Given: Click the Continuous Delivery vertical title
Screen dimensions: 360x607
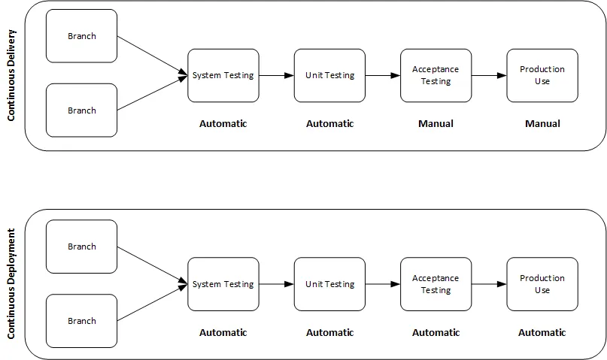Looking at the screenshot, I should (x=11, y=75).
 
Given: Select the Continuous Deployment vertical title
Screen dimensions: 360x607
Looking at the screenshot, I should (x=11, y=284).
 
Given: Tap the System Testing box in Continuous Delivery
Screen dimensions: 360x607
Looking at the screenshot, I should (x=223, y=75).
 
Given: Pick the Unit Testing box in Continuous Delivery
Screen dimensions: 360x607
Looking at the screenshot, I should (x=329, y=75).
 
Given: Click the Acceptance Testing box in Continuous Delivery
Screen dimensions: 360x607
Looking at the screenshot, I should (x=436, y=75).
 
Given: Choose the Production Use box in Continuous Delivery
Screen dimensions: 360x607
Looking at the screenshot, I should (x=542, y=75).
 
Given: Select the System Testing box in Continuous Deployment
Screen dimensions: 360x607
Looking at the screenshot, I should (x=223, y=284).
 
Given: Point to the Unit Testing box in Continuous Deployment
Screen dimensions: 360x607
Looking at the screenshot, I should (x=329, y=284).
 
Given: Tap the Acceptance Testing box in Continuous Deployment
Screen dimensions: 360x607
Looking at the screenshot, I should (x=436, y=284).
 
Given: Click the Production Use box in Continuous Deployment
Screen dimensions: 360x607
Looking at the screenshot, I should (x=542, y=284).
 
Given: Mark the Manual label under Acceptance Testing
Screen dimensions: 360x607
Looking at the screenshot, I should (x=436, y=123).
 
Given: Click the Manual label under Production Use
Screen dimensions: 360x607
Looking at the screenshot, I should (x=542, y=123).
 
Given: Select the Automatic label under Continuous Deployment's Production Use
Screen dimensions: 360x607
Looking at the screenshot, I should (x=542, y=332).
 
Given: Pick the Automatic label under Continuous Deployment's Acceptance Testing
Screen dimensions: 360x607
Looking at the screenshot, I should (x=436, y=332).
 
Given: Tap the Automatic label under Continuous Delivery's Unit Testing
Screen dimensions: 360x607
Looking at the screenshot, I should (x=329, y=123).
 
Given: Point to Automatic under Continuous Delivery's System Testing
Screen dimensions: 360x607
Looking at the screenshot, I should (x=223, y=123).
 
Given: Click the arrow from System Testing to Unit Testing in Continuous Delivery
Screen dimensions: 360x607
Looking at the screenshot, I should (x=276, y=75).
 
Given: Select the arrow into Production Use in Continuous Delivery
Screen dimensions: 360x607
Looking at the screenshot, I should (x=489, y=75).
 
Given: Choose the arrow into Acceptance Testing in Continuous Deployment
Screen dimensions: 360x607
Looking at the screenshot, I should (x=383, y=284).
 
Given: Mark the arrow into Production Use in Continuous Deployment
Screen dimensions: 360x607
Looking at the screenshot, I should (x=489, y=284).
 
